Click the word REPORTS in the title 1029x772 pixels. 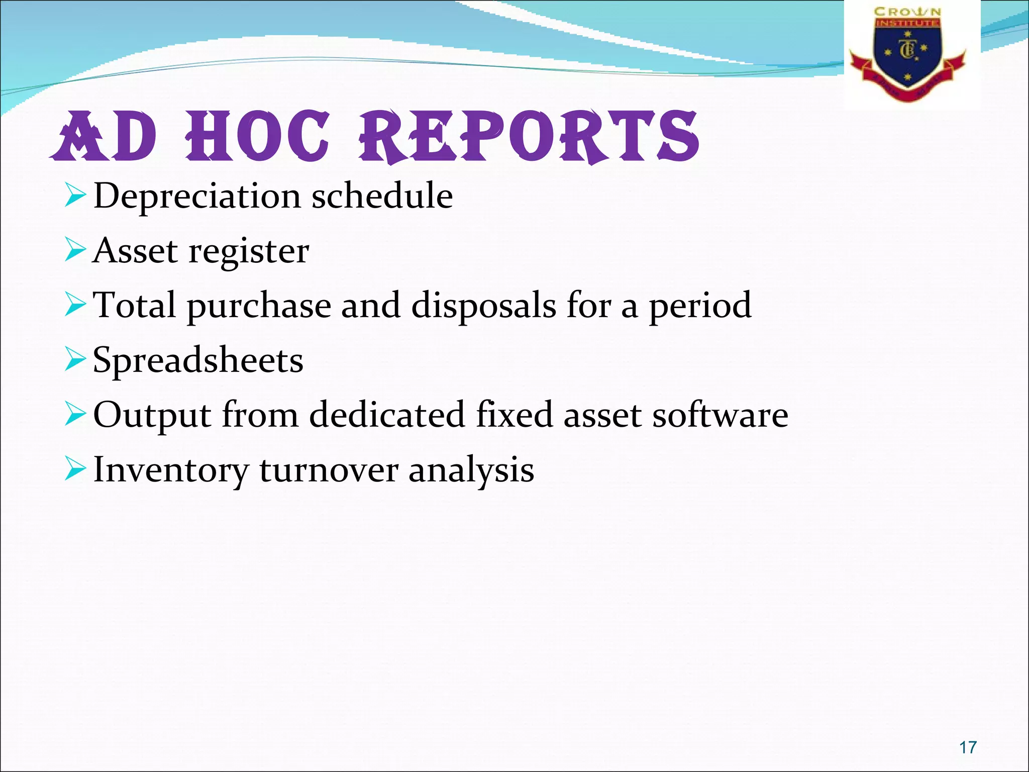click(529, 137)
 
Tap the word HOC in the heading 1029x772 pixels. click(258, 137)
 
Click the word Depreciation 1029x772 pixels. click(197, 197)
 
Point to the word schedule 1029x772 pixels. click(382, 196)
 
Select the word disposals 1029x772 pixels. click(483, 306)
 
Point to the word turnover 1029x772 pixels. click(328, 470)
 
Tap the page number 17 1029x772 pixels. click(968, 747)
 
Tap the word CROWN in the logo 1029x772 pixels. click(907, 12)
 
